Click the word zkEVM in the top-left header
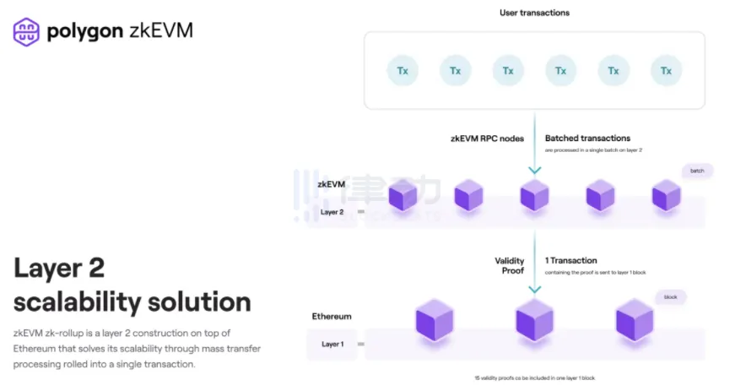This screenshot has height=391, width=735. point(161,31)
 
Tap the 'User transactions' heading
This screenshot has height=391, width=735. point(534,13)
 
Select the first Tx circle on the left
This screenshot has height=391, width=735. point(403,70)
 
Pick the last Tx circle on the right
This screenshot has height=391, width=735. point(666,70)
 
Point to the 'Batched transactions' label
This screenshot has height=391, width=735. point(587,138)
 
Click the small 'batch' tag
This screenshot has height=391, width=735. point(697,171)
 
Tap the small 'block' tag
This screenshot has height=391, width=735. point(671,297)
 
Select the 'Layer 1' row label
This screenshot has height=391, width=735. point(332,345)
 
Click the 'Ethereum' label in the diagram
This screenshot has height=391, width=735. point(332,317)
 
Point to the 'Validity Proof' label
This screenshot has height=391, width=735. point(509,266)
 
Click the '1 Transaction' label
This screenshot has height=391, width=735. point(571,261)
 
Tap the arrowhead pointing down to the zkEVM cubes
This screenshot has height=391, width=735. point(534,171)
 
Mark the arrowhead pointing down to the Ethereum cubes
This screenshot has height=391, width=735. point(534,290)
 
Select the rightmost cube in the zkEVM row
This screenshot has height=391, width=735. point(665,196)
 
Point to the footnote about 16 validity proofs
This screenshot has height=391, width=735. point(540,377)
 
